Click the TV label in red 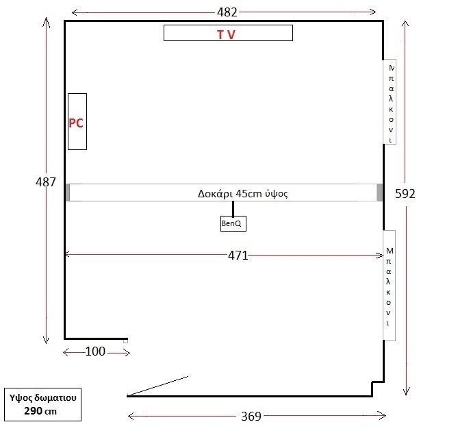point(226,34)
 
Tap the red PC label point(76,123)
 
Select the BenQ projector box point(233,223)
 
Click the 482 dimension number point(227,12)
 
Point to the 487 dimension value point(46,182)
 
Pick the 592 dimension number point(405,194)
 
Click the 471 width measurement point(238,256)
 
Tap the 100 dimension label point(95,351)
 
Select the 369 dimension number point(251,417)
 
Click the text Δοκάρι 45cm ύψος point(243,193)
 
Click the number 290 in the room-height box point(33,411)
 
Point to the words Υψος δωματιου point(42,398)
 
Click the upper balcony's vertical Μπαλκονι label point(391,103)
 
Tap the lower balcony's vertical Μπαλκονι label point(389,286)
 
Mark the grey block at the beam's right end point(380,193)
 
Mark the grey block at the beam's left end point(68,193)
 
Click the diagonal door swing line point(158,385)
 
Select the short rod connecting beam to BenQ point(233,209)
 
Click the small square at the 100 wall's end point(125,341)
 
